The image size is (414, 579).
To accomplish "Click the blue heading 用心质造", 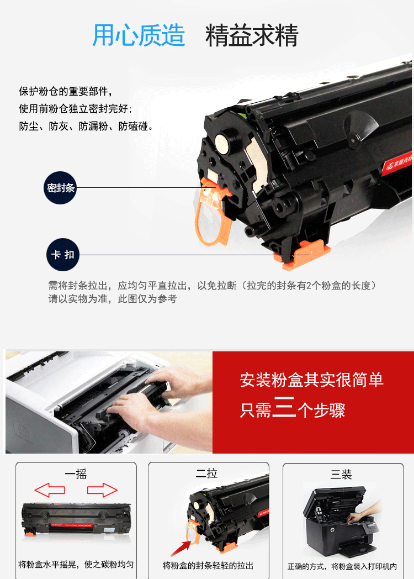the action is coord(139,35).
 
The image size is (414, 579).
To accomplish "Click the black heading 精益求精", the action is coord(252,35).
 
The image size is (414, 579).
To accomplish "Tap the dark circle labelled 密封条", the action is coord(61,188).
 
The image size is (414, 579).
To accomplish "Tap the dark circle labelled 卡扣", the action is coord(63,255).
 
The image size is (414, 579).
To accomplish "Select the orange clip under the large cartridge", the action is coord(302,255).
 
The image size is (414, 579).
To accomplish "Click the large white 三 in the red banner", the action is coord(284,407).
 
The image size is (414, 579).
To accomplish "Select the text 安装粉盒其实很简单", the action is coord(311,380).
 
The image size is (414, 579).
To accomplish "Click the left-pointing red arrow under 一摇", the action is coord(50,490).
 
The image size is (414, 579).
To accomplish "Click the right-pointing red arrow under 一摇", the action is coord(102,490).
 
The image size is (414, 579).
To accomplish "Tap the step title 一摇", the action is coord(76,474).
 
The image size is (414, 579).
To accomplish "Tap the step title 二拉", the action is coord(206,473).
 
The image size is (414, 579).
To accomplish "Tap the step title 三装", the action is coord(341,474).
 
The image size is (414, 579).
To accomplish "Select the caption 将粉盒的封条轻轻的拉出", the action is coord(208,565).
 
